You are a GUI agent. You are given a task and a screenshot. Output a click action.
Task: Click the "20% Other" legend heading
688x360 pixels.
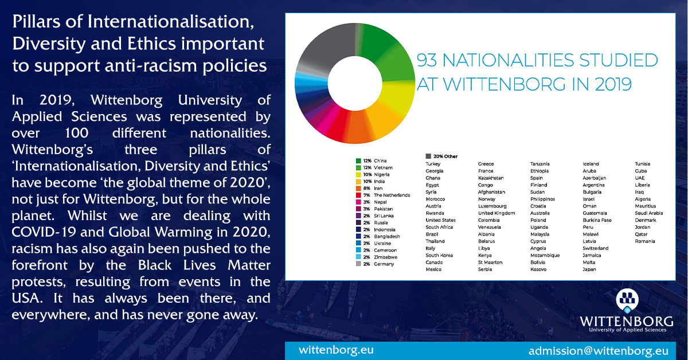441,156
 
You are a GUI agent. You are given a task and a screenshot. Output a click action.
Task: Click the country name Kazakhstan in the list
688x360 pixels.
491,178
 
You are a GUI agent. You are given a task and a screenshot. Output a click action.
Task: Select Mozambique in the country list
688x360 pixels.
545,255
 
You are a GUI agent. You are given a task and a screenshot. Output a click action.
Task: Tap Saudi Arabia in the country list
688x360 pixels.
648,213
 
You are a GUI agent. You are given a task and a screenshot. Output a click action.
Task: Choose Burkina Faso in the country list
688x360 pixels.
597,220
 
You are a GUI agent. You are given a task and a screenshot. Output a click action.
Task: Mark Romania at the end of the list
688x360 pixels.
645,241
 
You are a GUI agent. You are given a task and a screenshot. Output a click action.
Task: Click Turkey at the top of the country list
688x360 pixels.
433,164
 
